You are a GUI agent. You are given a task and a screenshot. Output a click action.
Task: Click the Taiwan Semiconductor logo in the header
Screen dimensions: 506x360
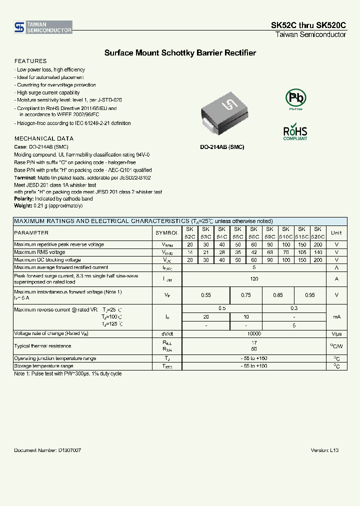pyautogui.click(x=43, y=27)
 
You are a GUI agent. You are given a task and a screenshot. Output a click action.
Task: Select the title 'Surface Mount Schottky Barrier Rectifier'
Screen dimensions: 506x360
pyautogui.click(x=180, y=52)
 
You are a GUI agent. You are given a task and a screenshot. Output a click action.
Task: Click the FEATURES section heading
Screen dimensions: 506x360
pyautogui.click(x=30, y=61)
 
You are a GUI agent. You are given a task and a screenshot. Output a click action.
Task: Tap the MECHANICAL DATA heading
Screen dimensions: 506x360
pyautogui.click(x=44, y=138)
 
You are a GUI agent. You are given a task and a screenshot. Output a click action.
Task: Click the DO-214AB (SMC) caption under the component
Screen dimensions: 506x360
pyautogui.click(x=222, y=148)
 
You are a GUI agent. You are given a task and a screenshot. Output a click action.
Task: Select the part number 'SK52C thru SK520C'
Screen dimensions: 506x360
pyautogui.click(x=308, y=26)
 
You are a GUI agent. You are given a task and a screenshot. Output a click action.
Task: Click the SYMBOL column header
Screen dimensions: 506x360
pyautogui.click(x=166, y=232)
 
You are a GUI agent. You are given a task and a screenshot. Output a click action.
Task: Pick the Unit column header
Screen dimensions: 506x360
pyautogui.click(x=336, y=232)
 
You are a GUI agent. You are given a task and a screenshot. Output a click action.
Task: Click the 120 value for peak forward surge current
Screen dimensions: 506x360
pyautogui.click(x=254, y=279)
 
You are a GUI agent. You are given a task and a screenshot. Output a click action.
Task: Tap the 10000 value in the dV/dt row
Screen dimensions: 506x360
pyautogui.click(x=254, y=333)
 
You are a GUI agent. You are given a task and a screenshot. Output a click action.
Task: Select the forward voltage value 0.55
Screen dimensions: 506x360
pyautogui.click(x=206, y=295)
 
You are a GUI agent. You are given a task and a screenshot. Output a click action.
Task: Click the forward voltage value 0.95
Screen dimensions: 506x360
pyautogui.click(x=310, y=295)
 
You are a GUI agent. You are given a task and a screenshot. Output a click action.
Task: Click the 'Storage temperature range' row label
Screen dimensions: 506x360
pyautogui.click(x=44, y=366)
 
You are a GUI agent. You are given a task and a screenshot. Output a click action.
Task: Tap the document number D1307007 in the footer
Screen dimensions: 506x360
pyautogui.click(x=47, y=450)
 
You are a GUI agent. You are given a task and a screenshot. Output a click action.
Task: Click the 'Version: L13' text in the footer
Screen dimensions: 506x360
pyautogui.click(x=324, y=450)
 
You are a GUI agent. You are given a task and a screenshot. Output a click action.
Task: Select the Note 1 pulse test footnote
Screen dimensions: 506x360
pyautogui.click(x=67, y=373)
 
